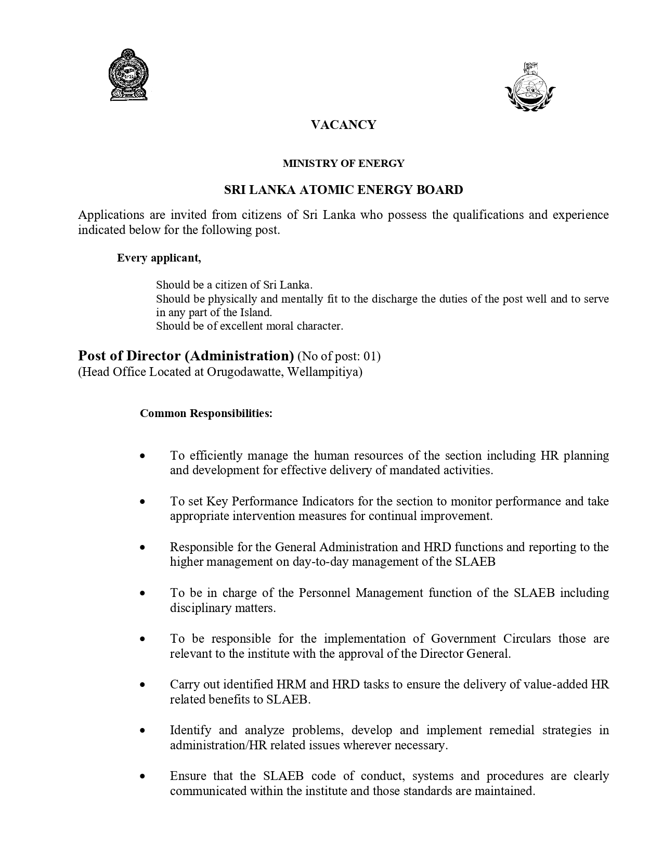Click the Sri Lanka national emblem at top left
pyautogui.click(x=128, y=75)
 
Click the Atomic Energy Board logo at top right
pyautogui.click(x=530, y=87)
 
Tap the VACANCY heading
pyautogui.click(x=343, y=125)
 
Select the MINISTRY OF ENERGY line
pyautogui.click(x=343, y=164)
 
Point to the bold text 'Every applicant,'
pyautogui.click(x=159, y=258)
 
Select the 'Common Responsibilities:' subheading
pyautogui.click(x=206, y=414)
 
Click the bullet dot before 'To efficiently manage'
pyautogui.click(x=142, y=456)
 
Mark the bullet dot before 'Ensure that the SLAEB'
pyautogui.click(x=142, y=776)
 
